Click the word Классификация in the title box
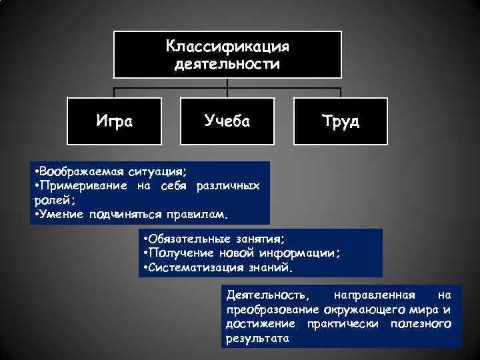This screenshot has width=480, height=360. [227, 47]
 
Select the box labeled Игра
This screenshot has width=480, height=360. [114, 121]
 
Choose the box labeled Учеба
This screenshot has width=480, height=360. [227, 121]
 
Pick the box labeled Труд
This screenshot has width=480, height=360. [341, 121]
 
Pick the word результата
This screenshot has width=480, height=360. [257, 338]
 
